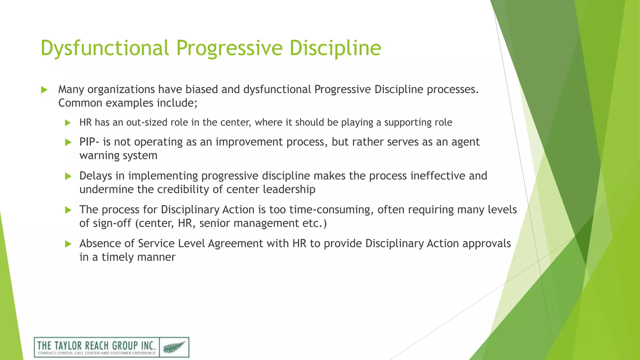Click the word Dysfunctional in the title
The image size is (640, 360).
click(x=105, y=48)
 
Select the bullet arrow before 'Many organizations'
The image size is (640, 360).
click(x=44, y=90)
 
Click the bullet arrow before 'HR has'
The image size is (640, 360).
click(x=68, y=123)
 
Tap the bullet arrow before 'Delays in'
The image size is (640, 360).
click(x=68, y=176)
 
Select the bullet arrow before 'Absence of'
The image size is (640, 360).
click(x=68, y=244)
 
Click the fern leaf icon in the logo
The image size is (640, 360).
click(x=174, y=347)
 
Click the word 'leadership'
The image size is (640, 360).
click(x=289, y=189)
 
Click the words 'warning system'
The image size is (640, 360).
click(x=118, y=156)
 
